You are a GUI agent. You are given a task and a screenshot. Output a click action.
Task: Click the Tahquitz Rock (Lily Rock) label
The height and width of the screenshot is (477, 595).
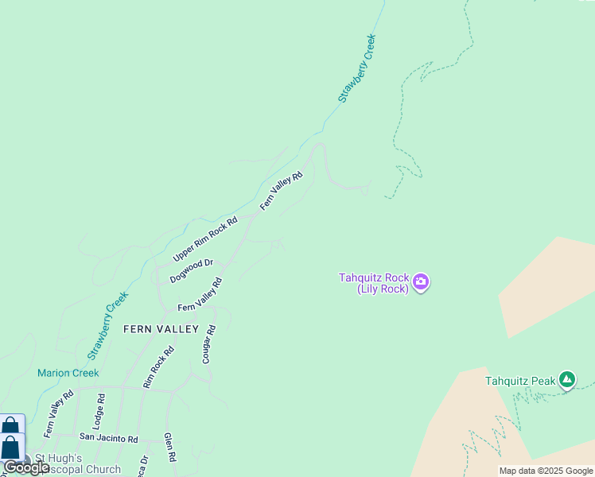pos(374,283)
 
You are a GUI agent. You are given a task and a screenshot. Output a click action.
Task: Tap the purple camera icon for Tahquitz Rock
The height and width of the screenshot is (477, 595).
pos(421,282)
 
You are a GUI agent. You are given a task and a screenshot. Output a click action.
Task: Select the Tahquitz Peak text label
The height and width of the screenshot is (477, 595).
pos(520,381)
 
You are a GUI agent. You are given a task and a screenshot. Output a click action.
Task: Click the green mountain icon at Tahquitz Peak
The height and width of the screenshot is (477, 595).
pos(566,381)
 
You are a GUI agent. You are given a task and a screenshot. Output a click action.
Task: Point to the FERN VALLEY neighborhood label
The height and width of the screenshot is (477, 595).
pos(160,328)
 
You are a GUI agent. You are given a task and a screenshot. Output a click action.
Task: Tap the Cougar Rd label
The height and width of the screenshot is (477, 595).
pos(209,344)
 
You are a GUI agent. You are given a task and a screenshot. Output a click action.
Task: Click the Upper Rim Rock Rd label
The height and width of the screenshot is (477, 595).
pos(205,239)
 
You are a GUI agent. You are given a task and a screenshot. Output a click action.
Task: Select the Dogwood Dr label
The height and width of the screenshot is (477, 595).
pos(191,271)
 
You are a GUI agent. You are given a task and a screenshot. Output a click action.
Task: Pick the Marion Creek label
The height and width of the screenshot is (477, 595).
pos(68,373)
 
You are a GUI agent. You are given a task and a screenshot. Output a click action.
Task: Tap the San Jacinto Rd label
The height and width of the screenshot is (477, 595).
pos(109,438)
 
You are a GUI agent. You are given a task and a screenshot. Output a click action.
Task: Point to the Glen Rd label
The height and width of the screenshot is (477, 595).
pos(169,448)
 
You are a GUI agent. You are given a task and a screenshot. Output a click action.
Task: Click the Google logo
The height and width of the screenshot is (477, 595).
pos(26,467)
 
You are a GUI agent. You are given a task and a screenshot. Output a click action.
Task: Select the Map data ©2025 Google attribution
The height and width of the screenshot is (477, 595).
pos(546,471)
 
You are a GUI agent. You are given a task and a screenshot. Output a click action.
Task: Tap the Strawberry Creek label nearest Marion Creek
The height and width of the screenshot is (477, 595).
pos(107,324)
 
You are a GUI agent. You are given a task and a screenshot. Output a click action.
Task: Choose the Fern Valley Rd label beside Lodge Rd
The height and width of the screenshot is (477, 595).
pos(59,413)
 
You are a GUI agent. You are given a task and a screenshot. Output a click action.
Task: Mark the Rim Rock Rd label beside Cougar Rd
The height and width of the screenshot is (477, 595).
pos(158,367)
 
